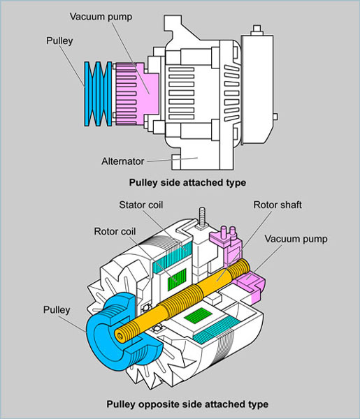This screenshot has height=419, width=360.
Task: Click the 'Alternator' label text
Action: [x=123, y=161]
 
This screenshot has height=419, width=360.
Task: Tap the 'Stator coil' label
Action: [x=141, y=205]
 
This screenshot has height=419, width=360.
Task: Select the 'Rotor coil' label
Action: [x=115, y=231]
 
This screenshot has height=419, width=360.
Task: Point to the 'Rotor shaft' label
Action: [x=278, y=205]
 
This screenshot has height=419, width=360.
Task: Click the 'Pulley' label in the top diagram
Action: [x=59, y=41]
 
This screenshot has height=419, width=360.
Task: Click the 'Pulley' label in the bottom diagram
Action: [x=57, y=310]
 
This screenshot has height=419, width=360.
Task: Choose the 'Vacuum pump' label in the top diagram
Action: [x=101, y=17]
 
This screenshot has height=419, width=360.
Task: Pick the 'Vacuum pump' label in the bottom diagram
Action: [x=296, y=239]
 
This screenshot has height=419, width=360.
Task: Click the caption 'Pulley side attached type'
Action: [x=187, y=183]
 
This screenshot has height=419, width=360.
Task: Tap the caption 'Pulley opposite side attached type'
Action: [x=187, y=404]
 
